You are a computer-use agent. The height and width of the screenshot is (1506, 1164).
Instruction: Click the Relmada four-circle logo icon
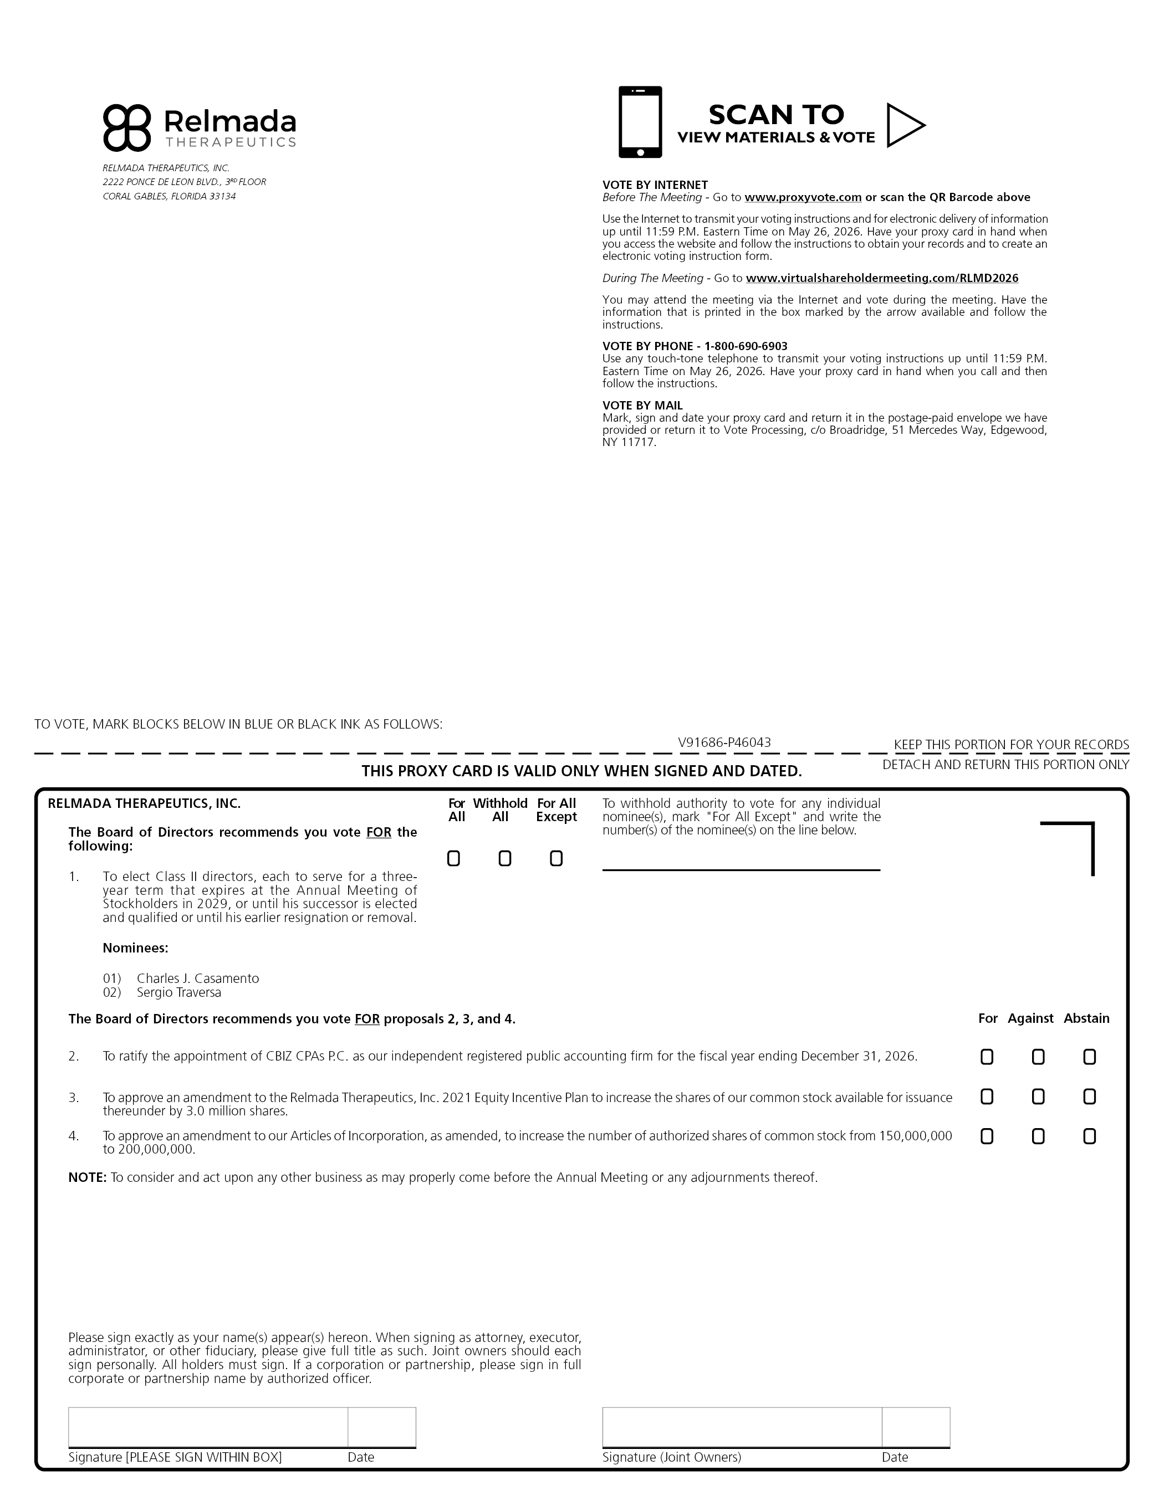click(x=127, y=127)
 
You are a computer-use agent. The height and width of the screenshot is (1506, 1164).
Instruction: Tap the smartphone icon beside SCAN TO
click(x=640, y=122)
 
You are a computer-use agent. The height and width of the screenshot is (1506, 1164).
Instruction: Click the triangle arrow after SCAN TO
click(x=904, y=125)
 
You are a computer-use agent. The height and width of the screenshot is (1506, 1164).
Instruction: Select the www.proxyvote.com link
click(x=803, y=197)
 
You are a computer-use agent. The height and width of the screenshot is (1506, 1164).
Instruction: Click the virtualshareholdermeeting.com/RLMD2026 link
click(x=882, y=278)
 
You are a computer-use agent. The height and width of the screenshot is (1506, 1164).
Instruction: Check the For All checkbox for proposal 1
click(x=453, y=858)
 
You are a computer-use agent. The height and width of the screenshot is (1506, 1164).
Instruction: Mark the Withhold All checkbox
click(x=504, y=858)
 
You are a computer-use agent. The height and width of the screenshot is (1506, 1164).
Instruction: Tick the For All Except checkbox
click(x=556, y=858)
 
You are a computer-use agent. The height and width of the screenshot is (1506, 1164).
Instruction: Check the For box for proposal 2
click(x=987, y=1057)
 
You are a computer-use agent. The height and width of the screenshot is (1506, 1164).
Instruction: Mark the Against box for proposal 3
click(x=1038, y=1097)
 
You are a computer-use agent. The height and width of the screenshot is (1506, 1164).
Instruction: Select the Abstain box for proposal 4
click(x=1090, y=1136)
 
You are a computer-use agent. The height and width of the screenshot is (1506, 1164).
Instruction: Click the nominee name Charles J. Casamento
click(x=197, y=979)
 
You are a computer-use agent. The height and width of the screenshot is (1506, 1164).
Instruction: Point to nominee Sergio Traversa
click(x=178, y=993)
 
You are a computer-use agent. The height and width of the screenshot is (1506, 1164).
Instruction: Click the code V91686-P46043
click(x=724, y=742)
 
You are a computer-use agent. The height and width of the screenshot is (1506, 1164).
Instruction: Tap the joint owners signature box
click(x=742, y=1427)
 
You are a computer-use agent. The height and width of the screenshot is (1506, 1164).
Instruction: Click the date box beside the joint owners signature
click(x=916, y=1427)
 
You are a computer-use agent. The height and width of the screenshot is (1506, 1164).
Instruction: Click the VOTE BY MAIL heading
click(x=642, y=406)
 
